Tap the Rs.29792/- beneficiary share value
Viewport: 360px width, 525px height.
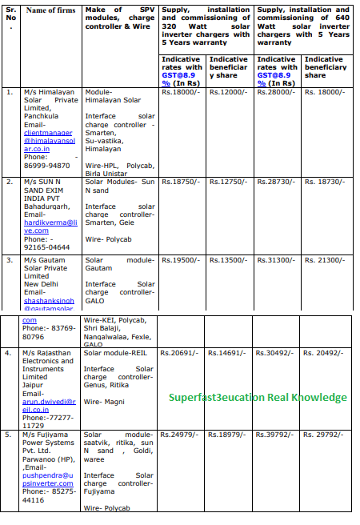324,435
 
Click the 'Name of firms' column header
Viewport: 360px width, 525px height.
51,10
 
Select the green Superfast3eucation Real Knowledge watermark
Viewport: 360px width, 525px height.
258,397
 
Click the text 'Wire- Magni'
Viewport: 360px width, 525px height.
103,401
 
